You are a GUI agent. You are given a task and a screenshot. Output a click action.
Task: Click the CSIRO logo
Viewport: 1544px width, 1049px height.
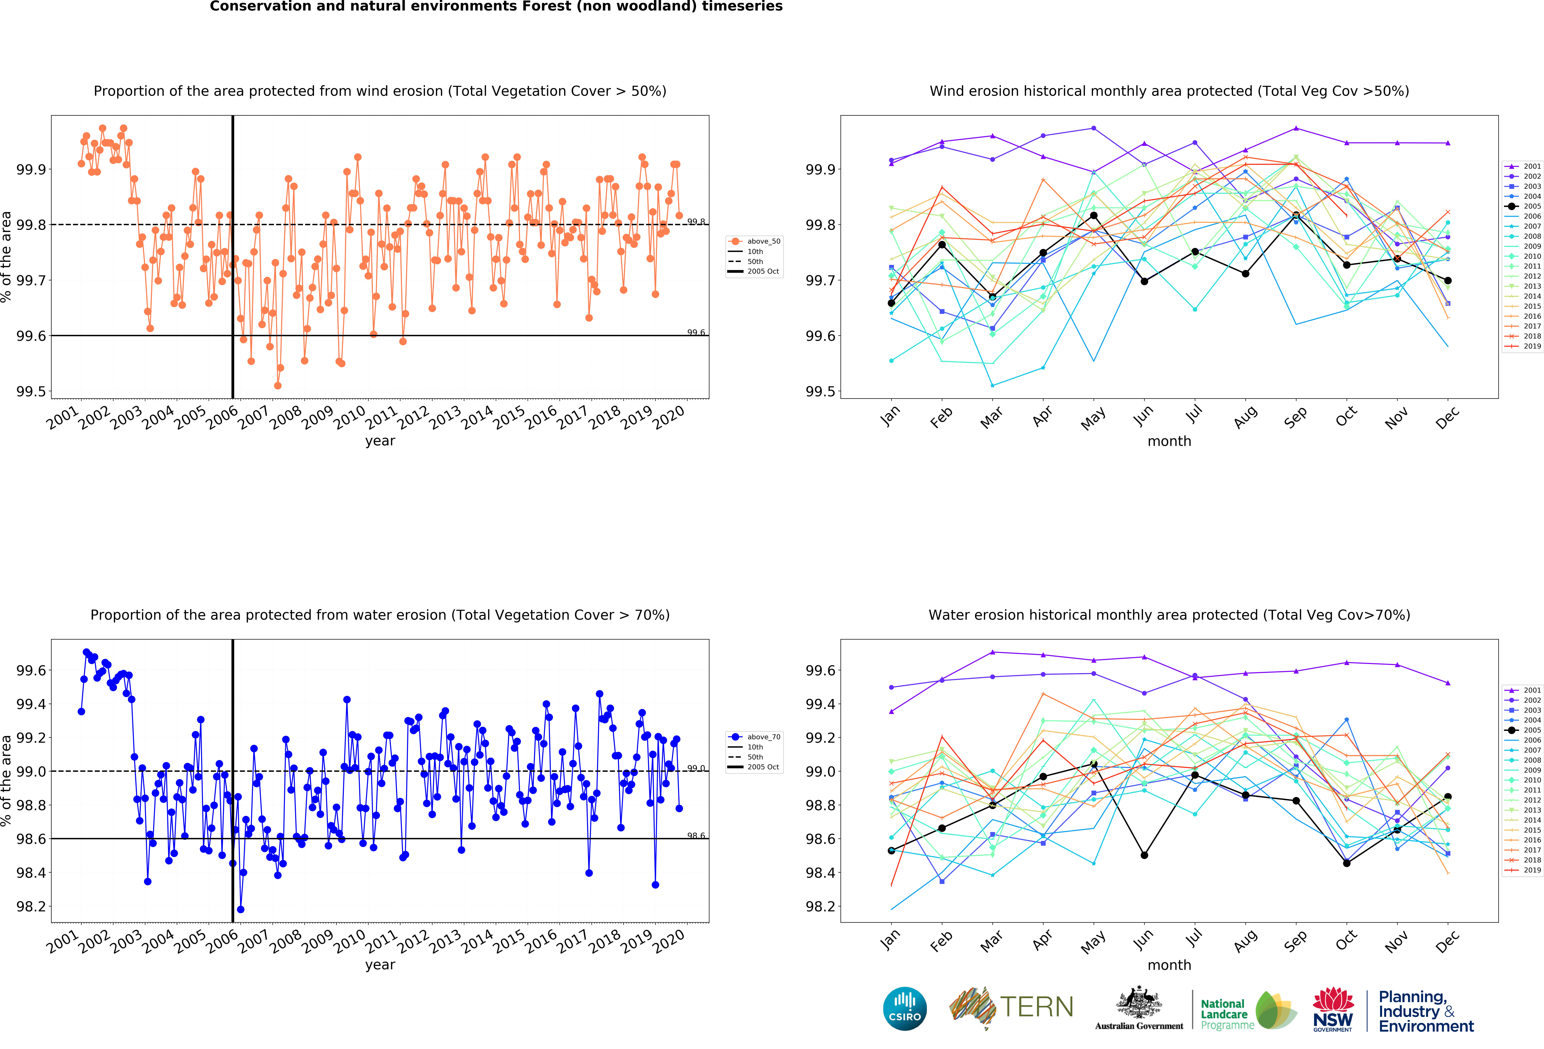click(x=905, y=1008)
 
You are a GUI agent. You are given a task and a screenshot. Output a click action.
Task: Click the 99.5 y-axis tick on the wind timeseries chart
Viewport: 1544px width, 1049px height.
click(x=31, y=391)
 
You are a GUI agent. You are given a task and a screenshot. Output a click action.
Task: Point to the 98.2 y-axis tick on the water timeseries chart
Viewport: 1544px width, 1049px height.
click(x=31, y=906)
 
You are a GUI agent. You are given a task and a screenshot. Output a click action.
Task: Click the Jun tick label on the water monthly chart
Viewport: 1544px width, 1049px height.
click(x=1144, y=940)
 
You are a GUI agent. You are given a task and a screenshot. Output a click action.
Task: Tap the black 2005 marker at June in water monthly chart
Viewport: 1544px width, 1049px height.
click(x=1144, y=855)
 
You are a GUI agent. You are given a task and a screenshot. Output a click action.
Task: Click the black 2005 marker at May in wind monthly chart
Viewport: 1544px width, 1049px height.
click(x=1094, y=215)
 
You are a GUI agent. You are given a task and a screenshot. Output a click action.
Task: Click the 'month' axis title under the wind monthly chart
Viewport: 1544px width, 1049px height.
click(x=1169, y=441)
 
